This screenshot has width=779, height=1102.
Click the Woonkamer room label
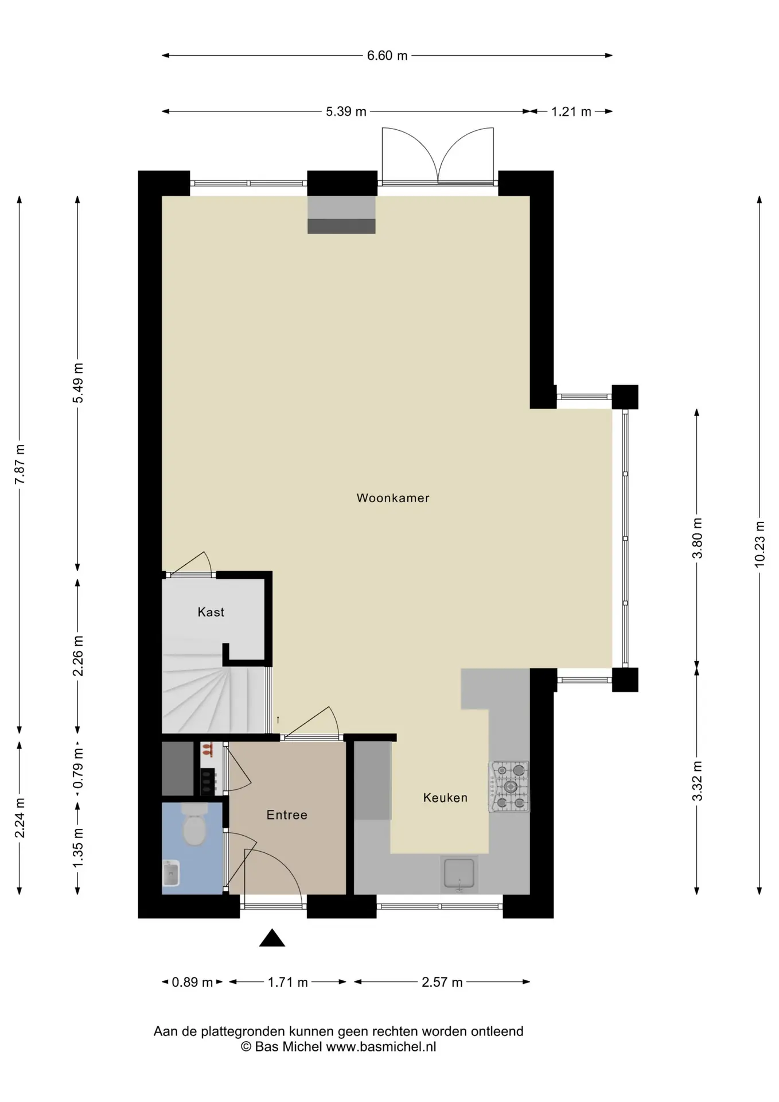[393, 498]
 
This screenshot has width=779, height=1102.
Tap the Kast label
[211, 612]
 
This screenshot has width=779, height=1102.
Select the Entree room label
[287, 815]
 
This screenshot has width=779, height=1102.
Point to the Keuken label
[445, 798]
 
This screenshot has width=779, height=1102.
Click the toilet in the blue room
[194, 825]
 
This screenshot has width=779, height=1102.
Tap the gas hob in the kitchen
[509, 787]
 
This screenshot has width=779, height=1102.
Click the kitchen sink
[459, 874]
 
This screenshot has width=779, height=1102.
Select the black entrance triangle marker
[272, 938]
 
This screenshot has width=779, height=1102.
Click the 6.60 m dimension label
[387, 56]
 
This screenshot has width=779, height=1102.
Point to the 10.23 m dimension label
[759, 544]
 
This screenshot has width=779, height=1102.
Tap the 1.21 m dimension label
[571, 111]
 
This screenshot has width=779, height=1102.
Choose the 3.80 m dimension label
[697, 538]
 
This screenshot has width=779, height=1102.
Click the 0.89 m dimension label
[192, 982]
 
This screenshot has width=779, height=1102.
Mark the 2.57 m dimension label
[442, 982]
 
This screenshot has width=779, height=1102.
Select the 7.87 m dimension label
[20, 464]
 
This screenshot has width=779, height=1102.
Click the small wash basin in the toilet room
[172, 874]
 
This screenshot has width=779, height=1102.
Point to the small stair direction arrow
[278, 719]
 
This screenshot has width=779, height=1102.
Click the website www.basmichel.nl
[381, 1046]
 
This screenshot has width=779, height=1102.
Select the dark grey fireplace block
[341, 226]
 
